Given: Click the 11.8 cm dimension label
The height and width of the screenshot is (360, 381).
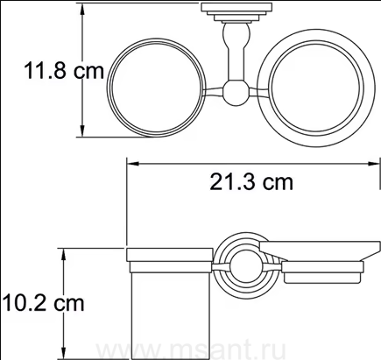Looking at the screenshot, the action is [64, 70].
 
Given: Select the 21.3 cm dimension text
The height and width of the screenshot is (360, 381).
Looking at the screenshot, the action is [251, 183].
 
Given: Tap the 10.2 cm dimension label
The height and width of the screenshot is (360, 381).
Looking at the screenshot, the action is [43, 303].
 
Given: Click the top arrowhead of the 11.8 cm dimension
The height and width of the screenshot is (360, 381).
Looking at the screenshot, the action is [82, 11].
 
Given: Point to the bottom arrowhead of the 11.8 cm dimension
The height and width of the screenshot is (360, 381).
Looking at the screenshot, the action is [82, 130].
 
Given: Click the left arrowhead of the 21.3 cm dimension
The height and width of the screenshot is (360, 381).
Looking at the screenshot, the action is [133, 164].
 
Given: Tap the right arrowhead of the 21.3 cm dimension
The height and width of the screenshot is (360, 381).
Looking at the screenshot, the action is [373, 164].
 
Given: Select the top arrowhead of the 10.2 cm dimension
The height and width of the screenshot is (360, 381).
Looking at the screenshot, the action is [63, 256].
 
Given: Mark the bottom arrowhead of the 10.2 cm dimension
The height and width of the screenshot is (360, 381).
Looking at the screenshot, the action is [63, 352].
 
